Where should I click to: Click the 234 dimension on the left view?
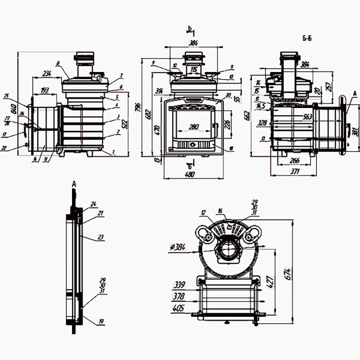[47, 74]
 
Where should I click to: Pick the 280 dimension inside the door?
[193, 128]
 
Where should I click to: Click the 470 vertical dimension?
[157, 131]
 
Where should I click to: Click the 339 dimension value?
[178, 285]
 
